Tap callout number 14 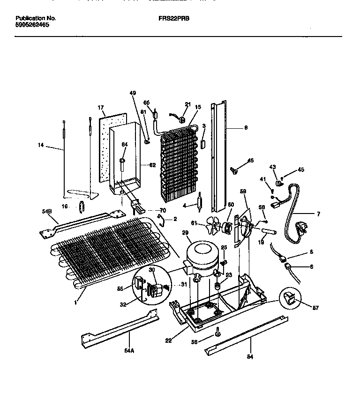click(x=40, y=145)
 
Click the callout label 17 click(x=101, y=108)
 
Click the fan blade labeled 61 click(x=214, y=228)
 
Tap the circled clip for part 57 click(x=290, y=298)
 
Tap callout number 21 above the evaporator click(x=188, y=104)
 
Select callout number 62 click(x=152, y=165)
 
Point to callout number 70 click(x=163, y=210)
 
